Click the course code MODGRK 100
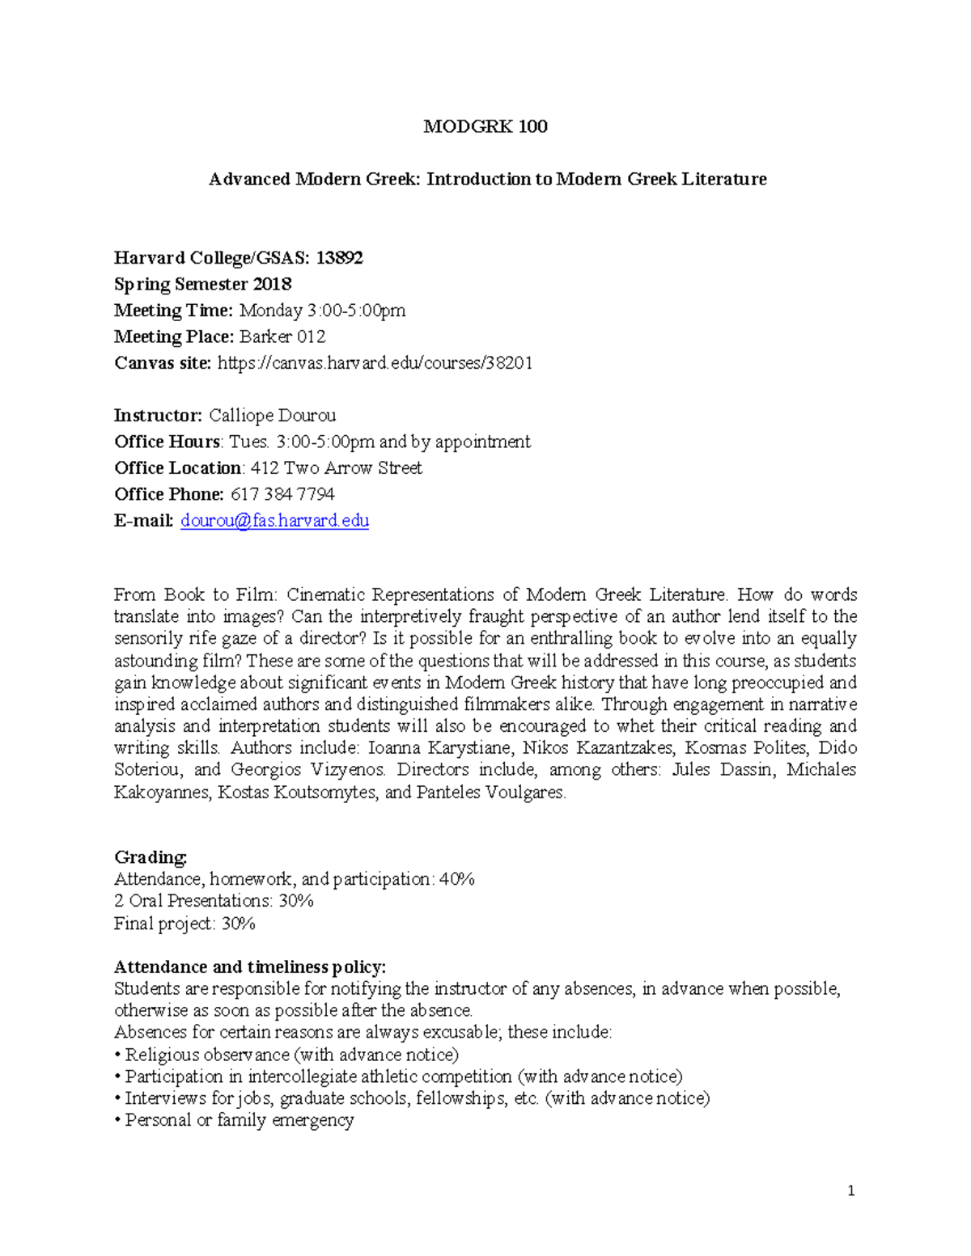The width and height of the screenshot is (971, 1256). click(485, 126)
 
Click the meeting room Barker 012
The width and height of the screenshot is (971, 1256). click(282, 336)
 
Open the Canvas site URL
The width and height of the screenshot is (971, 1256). click(375, 362)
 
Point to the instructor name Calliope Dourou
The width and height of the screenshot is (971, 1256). click(272, 416)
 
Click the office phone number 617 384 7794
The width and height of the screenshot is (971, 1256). click(282, 494)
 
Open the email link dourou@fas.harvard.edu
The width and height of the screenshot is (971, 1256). click(274, 520)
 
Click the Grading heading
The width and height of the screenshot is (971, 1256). click(151, 856)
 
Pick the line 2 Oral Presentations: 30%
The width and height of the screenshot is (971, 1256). click(214, 901)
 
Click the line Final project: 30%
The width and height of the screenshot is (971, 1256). click(184, 923)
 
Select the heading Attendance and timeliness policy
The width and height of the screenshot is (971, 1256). click(250, 966)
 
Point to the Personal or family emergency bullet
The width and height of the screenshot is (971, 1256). click(239, 1120)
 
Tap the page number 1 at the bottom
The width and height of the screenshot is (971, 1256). click(850, 1190)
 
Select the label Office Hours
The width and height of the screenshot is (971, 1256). click(167, 442)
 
